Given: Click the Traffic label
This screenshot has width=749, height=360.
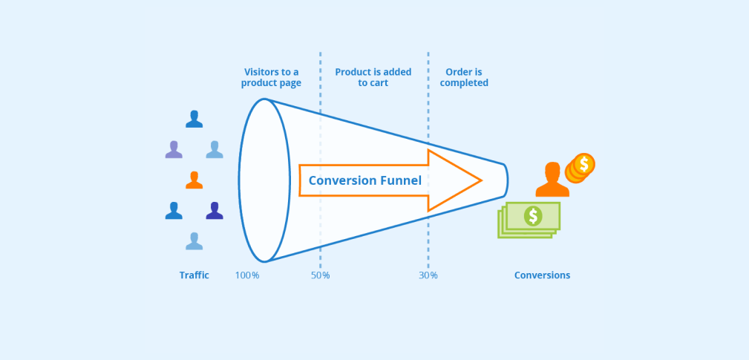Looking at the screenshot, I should pyautogui.click(x=194, y=275).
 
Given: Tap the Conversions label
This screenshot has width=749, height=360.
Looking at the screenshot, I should pyautogui.click(x=543, y=275).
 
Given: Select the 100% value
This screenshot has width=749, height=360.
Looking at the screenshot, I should pyautogui.click(x=247, y=275).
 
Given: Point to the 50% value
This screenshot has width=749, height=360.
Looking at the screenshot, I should pyautogui.click(x=321, y=275).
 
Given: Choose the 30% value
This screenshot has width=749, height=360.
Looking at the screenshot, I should pyautogui.click(x=428, y=275).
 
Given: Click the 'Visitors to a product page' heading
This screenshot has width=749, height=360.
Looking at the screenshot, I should pyautogui.click(x=271, y=77).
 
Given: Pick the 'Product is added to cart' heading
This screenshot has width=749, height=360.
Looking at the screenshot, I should pyautogui.click(x=373, y=77).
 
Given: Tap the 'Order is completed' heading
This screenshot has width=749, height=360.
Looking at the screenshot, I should pyautogui.click(x=464, y=77).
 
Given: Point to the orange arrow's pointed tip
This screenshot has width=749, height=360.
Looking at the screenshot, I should pyautogui.click(x=481, y=180).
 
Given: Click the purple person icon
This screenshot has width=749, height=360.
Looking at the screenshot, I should pyautogui.click(x=174, y=149).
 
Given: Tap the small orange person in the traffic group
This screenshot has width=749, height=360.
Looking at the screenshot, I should pyautogui.click(x=194, y=180).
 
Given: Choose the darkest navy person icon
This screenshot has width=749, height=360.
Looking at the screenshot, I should pyautogui.click(x=215, y=211).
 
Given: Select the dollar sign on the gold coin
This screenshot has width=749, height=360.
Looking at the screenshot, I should pyautogui.click(x=584, y=163).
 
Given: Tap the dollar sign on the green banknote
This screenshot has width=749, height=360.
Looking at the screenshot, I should pyautogui.click(x=532, y=216).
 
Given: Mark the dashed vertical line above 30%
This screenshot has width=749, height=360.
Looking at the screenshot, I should pyautogui.click(x=428, y=96).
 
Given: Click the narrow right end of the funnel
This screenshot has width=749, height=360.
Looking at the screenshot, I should pyautogui.click(x=505, y=180).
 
